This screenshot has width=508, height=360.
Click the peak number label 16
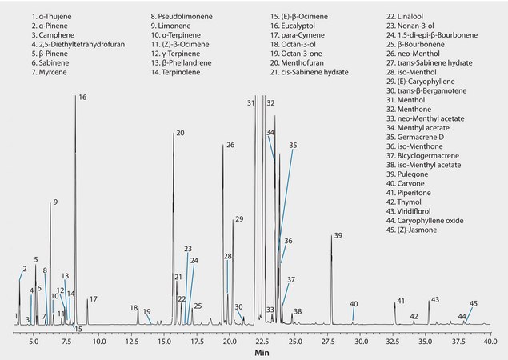tap(82, 97)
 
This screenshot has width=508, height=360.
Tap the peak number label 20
tap(180, 133)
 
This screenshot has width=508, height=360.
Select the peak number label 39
tap(338, 235)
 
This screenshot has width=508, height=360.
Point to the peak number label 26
tap(230, 145)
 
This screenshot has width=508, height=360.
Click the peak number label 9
tap(55, 202)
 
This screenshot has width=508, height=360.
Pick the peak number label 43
tap(435, 300)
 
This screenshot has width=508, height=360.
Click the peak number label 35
tap(293, 146)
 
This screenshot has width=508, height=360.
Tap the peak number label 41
tap(401, 302)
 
